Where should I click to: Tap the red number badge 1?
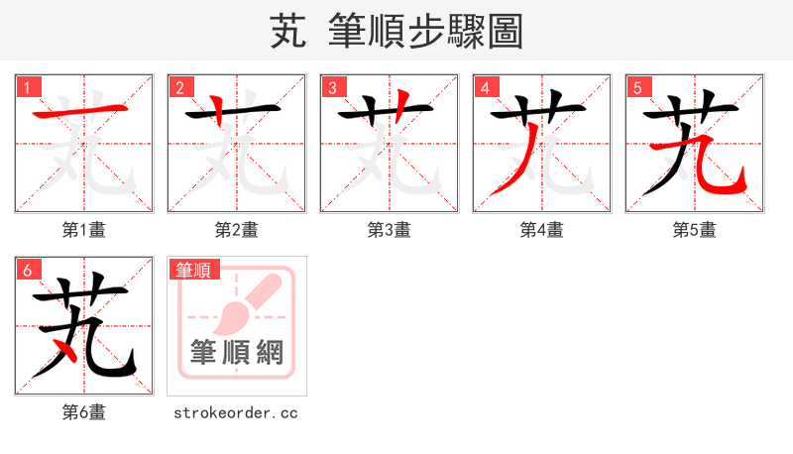click(x=27, y=87)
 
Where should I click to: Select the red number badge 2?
click(x=179, y=87)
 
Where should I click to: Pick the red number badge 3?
click(x=332, y=87)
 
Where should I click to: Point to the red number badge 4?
click(x=485, y=87)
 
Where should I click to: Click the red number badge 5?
click(x=637, y=87)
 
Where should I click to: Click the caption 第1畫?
click(x=83, y=230)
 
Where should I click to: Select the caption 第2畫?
click(x=236, y=230)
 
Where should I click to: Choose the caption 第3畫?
click(x=389, y=230)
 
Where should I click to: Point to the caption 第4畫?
click(x=541, y=230)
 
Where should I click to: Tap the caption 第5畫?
click(x=694, y=230)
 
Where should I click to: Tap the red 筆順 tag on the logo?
click(x=195, y=270)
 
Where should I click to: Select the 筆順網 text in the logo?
click(x=236, y=352)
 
